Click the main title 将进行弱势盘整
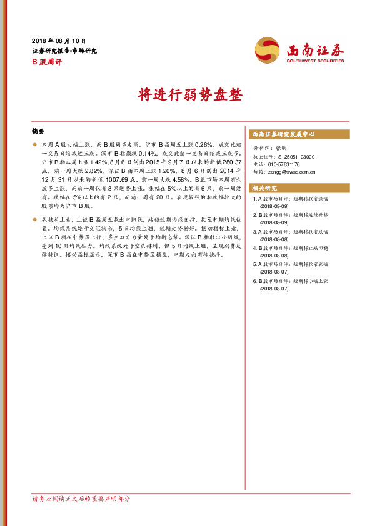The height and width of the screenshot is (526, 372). [186, 96]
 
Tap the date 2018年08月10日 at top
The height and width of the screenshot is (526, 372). [58, 39]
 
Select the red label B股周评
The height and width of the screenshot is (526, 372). [44, 62]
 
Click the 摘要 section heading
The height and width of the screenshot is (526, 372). [38, 132]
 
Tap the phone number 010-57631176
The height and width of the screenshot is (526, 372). [288, 164]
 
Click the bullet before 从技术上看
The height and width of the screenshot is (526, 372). [34, 220]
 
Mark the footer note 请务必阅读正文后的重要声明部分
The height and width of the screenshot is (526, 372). [81, 499]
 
